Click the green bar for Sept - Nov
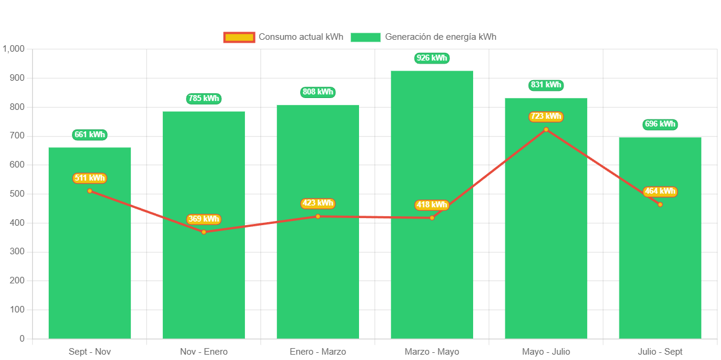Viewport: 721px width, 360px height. (x=90, y=267)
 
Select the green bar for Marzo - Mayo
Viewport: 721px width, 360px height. (x=432, y=273)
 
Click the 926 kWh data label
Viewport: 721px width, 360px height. (x=432, y=58)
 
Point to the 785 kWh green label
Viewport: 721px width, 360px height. (x=203, y=99)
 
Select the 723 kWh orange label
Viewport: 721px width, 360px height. (x=546, y=116)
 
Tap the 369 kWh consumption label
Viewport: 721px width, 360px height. (x=203, y=219)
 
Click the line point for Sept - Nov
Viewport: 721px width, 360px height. (x=90, y=191)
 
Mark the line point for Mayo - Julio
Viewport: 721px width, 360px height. (x=546, y=130)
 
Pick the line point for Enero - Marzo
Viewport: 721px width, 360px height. (x=318, y=216)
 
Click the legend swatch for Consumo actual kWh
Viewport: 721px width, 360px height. (x=239, y=37)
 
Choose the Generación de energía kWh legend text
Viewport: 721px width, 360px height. (x=440, y=37)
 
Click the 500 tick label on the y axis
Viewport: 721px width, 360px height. (x=17, y=194)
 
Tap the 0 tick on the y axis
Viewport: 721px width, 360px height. (x=22, y=339)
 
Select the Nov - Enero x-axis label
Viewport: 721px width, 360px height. (x=203, y=352)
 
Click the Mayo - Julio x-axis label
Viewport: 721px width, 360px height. (x=546, y=352)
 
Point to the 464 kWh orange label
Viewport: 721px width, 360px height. (x=660, y=191)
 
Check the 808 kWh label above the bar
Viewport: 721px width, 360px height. (x=318, y=92)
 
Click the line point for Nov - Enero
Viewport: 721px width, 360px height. (x=204, y=232)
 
